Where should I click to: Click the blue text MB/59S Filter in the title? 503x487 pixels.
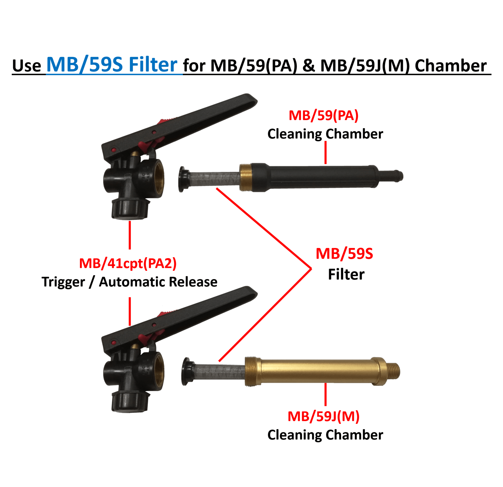112,65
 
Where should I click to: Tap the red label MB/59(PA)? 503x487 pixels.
323,116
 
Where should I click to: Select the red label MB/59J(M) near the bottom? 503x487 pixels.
323,416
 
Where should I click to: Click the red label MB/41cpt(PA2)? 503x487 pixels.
128,263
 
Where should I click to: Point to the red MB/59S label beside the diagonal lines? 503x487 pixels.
344,254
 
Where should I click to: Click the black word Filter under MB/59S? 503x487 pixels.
346,274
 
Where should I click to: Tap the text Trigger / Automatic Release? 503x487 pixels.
129,282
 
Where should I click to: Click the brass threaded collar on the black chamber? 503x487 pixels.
246,177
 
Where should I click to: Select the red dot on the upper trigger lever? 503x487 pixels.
113,150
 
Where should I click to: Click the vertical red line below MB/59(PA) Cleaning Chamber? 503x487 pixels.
325,153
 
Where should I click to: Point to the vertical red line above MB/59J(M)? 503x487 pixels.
325,394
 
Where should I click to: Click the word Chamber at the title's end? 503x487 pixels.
451,66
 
